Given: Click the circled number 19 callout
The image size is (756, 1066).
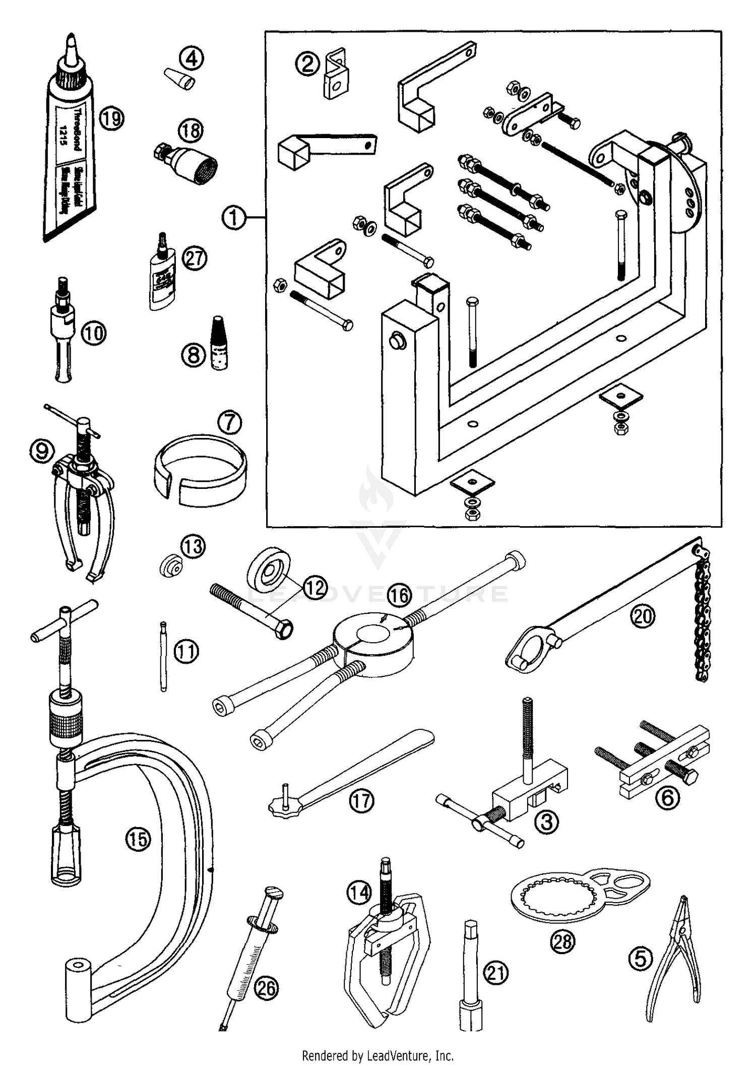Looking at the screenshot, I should pos(111,119).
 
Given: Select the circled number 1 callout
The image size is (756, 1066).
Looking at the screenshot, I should pos(234,218).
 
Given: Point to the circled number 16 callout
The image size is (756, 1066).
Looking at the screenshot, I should pos(399,596).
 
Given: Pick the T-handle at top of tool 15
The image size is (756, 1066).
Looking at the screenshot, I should pos(64,621).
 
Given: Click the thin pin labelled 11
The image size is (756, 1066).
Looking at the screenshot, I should pos(163,657).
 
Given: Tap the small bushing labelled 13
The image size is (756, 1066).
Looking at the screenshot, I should pos(169,568).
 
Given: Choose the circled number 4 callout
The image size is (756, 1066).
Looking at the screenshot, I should pos(192,58).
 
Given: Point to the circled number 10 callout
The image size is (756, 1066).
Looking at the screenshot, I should pos(94,333).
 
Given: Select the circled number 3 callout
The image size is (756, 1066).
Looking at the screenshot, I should pos(546,822).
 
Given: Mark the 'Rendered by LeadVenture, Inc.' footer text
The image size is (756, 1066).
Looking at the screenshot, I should pos(377,1055).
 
